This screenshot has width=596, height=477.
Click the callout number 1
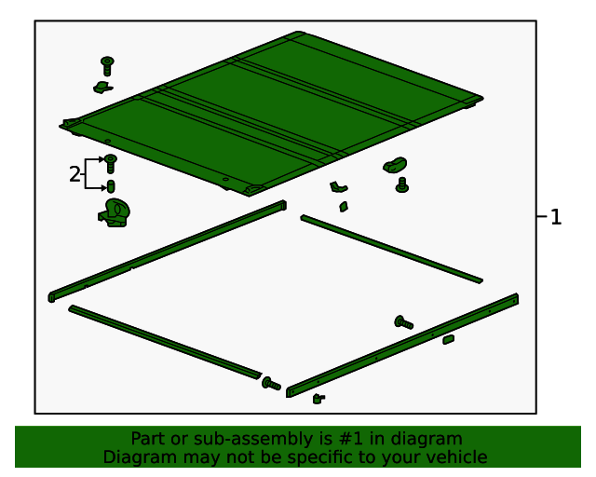(555, 217)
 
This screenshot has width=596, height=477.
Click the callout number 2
(74, 174)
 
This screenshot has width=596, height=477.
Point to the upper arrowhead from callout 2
(102, 159)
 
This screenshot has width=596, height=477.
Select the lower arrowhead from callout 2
(102, 188)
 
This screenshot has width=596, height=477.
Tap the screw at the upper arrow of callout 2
(111, 164)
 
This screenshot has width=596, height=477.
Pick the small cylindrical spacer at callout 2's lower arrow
(111, 186)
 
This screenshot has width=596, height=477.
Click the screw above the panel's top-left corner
(108, 66)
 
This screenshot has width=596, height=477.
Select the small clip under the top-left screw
(102, 88)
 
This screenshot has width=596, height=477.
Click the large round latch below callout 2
(115, 213)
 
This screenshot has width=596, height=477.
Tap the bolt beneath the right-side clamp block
(402, 184)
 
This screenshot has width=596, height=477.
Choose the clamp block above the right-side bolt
(395, 165)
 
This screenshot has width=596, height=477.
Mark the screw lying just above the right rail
(403, 322)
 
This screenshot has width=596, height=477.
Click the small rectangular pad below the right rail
(449, 339)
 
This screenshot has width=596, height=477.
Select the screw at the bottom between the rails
(271, 384)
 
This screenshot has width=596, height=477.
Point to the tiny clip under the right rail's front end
(318, 399)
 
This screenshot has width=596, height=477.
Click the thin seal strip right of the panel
(391, 249)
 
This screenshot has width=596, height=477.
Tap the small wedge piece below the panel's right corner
(344, 207)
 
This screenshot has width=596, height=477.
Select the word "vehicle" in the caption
(458, 457)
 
